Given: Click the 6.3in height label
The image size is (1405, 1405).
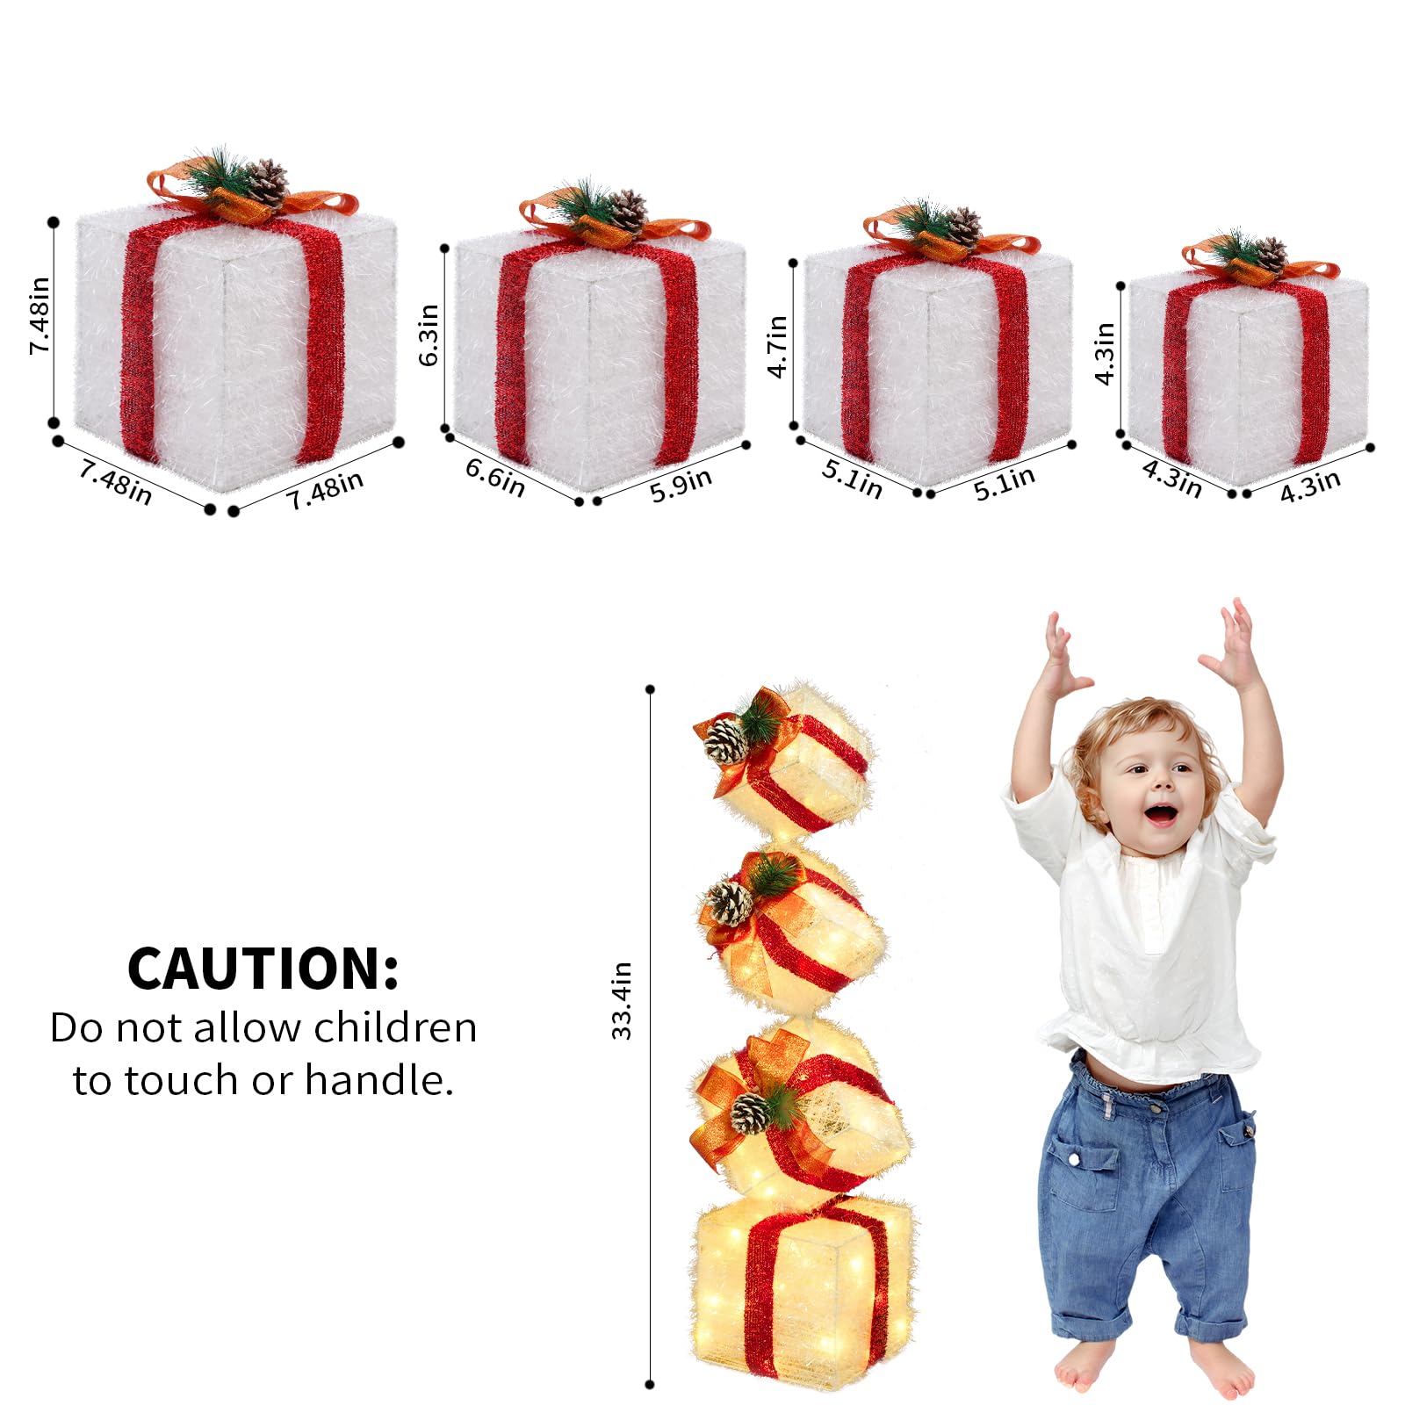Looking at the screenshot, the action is (429, 335).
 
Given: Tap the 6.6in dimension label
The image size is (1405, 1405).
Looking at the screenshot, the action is (495, 477).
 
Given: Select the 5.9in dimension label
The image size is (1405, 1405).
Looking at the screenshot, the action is (681, 484).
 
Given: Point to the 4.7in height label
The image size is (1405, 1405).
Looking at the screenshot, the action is (777, 347).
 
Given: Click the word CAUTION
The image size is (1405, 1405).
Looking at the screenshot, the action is (263, 969).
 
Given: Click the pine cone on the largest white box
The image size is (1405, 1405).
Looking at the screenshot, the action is (268, 183).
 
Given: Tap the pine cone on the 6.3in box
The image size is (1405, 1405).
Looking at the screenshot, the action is (628, 211).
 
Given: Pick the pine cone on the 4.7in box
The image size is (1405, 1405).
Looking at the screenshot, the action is (964, 227).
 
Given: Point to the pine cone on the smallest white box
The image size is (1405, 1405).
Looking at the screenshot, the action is (1270, 255).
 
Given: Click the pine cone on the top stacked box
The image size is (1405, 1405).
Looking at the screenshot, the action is (726, 740).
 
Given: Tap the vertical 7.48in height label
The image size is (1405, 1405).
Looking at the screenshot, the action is (40, 316).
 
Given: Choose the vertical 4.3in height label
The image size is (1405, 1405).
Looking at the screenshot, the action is (1105, 354).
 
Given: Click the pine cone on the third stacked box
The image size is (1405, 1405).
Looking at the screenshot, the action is (751, 1112).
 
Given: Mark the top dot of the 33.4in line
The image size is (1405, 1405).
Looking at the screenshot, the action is (650, 689).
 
